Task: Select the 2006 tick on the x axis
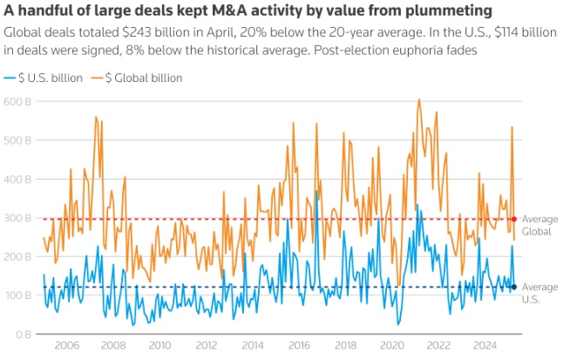pos(66,346)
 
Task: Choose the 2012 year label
pos(207,346)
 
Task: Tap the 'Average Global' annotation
pos(539,225)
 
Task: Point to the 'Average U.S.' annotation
pos(539,293)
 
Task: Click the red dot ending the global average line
pos(514,219)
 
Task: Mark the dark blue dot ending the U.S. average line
pos(514,287)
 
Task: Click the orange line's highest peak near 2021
pos(419,99)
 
